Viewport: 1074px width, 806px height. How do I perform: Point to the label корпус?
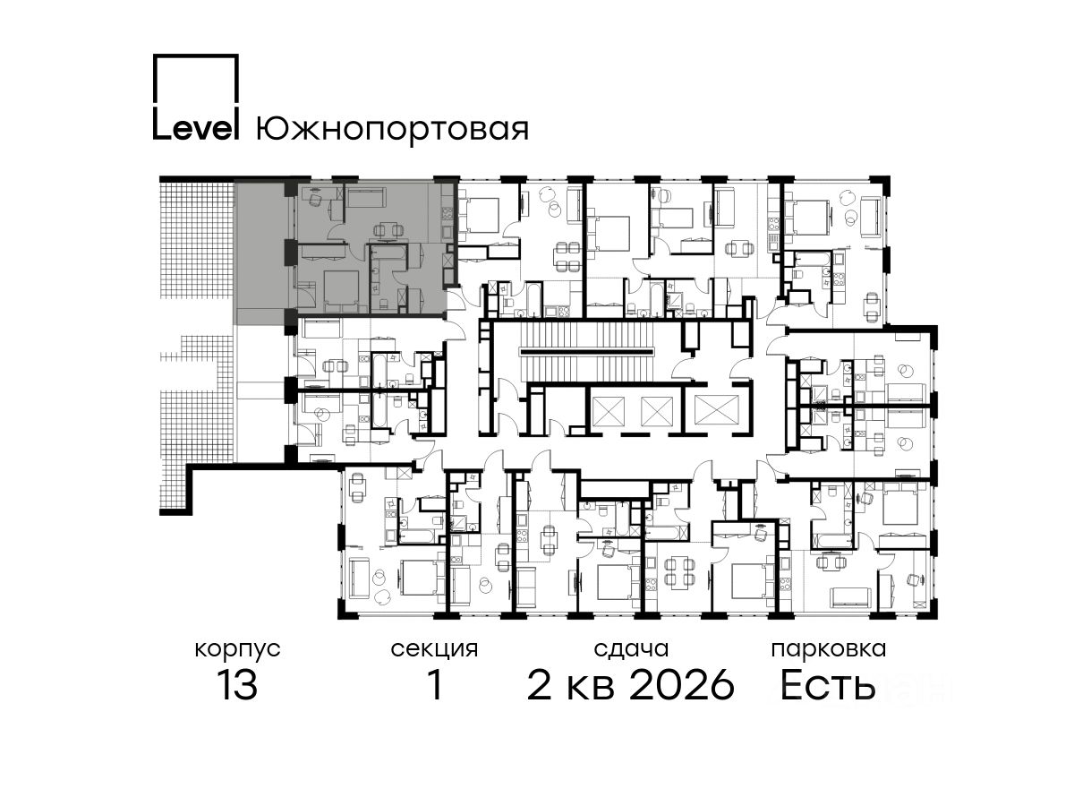point(237,650)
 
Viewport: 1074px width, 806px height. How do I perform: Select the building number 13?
point(237,685)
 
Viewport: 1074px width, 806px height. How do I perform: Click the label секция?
point(434,650)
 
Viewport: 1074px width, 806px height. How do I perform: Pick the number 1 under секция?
point(435,685)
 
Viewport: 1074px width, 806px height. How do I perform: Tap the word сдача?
point(631,650)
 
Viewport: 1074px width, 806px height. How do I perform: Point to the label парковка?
point(829,649)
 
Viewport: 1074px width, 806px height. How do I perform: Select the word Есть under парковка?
point(827,685)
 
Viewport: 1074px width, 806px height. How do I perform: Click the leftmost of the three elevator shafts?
point(608,410)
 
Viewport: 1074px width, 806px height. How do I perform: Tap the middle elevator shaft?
point(657,410)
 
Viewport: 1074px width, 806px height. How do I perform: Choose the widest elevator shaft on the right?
point(716,410)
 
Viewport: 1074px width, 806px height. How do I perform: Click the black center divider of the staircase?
point(586,351)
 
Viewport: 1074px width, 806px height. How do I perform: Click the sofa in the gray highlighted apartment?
point(367,198)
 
